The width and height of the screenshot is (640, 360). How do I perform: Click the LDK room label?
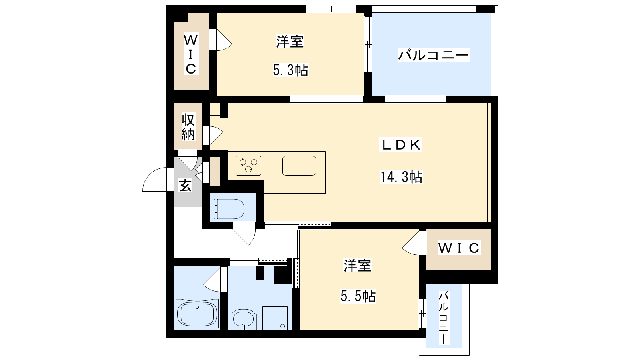click(400, 145)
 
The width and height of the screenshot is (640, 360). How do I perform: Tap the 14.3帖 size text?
click(401, 176)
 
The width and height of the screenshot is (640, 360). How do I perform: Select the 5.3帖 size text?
click(290, 70)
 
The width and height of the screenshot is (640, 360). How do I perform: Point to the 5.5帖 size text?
click(358, 296)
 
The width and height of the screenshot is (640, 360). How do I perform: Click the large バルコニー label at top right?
click(434, 55)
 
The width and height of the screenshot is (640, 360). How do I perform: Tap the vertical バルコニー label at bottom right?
click(444, 318)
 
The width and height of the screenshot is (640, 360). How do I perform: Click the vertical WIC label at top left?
click(191, 54)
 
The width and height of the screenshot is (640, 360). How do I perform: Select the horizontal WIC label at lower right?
click(459, 248)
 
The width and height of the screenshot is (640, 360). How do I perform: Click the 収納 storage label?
click(188, 127)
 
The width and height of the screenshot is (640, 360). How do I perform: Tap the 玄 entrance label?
click(185, 185)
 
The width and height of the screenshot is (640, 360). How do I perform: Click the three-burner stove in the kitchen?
click(248, 166)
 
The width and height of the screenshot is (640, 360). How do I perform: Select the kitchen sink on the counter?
click(299, 166)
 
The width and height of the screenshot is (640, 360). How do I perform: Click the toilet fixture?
click(227, 209)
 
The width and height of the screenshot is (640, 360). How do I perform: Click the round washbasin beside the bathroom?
click(243, 319)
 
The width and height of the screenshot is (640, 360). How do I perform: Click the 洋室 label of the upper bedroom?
click(290, 42)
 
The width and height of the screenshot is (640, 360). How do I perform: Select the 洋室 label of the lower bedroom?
click(358, 266)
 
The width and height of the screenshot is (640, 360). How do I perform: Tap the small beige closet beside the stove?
click(215, 171)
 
